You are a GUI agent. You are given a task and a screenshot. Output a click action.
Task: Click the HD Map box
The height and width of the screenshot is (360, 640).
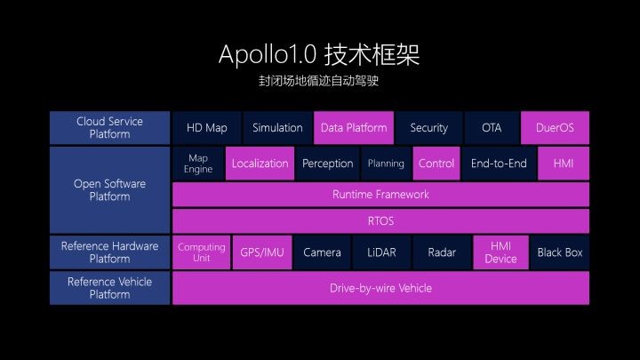coord(206,128)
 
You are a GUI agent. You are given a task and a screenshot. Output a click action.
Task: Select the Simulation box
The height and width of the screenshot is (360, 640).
coord(277,128)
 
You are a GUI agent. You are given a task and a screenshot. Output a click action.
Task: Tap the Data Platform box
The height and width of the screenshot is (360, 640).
coord(353,128)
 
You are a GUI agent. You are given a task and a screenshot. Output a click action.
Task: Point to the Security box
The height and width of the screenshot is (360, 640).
coord(428,128)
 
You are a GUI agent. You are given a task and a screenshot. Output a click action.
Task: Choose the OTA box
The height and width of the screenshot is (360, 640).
coord(492,128)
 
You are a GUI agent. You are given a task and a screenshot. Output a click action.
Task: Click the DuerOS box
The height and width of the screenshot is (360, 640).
coord(555,128)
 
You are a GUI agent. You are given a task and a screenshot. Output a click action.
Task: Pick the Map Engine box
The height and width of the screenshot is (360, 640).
coord(198,164)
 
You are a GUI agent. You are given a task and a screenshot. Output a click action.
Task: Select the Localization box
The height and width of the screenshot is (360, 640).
coord(260,164)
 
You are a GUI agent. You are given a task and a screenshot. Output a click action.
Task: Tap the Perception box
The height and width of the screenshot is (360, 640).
coord(328,164)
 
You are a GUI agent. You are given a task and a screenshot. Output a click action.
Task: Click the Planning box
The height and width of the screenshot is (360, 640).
coord(386,164)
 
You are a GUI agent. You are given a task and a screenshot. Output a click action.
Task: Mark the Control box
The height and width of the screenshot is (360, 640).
coord(436,164)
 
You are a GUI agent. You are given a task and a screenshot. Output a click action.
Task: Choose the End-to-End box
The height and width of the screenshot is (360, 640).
coord(499,164)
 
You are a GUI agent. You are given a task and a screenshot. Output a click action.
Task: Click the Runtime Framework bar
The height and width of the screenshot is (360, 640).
coord(380,194)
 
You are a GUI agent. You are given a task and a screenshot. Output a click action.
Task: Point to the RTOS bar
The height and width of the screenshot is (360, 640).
coord(380,220)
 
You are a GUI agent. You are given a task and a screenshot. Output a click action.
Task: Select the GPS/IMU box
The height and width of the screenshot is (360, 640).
coord(262,252)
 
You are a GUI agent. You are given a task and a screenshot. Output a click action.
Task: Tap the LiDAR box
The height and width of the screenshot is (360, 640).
coord(380,252)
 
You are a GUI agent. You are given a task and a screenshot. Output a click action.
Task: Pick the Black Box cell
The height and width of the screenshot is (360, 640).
coord(560,252)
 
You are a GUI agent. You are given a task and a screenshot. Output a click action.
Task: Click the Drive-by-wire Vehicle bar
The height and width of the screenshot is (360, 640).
coord(380,288)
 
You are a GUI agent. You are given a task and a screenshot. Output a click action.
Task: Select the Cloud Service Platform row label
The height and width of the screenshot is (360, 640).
coord(109,128)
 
